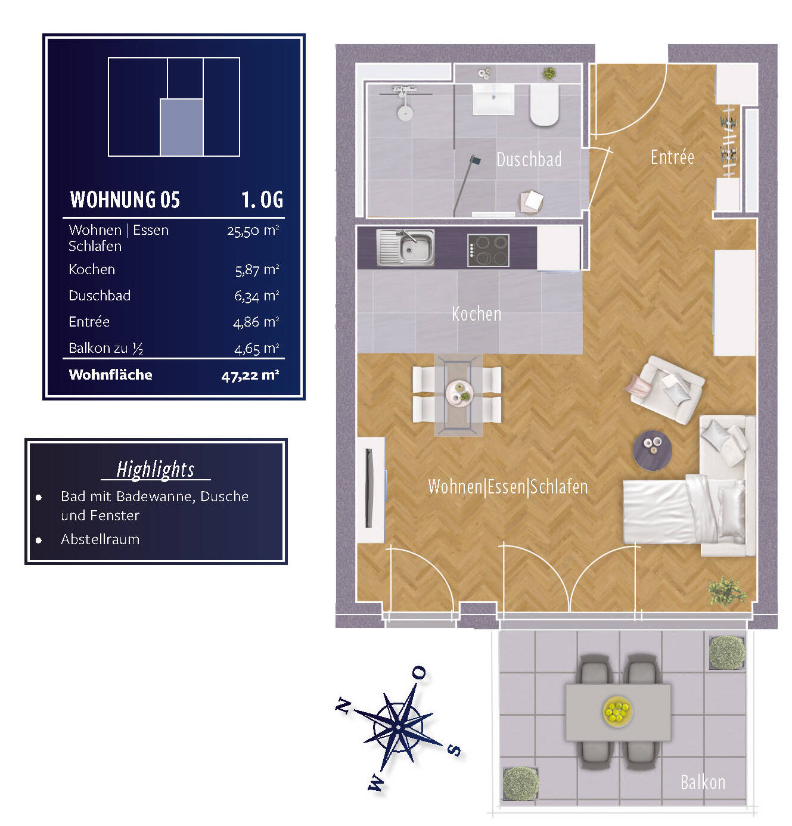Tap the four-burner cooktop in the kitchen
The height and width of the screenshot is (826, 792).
point(488,250)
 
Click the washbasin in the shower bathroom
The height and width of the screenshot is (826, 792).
point(493,99)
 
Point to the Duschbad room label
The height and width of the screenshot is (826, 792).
point(529,160)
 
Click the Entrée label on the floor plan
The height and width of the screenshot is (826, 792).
point(672,157)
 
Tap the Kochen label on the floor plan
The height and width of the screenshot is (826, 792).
point(476,313)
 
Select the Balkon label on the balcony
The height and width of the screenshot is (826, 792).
point(703,782)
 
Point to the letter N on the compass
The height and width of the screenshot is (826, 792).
point(343,706)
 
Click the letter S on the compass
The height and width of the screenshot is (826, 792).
point(454,750)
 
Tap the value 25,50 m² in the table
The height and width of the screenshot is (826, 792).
point(253,231)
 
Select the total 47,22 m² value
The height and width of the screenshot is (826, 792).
point(250,375)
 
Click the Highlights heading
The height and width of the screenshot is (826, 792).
point(156,470)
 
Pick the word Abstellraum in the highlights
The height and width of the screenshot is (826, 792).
point(100,539)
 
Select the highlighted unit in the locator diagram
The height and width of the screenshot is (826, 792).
point(182,128)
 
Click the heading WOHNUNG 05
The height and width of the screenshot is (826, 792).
point(125,200)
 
